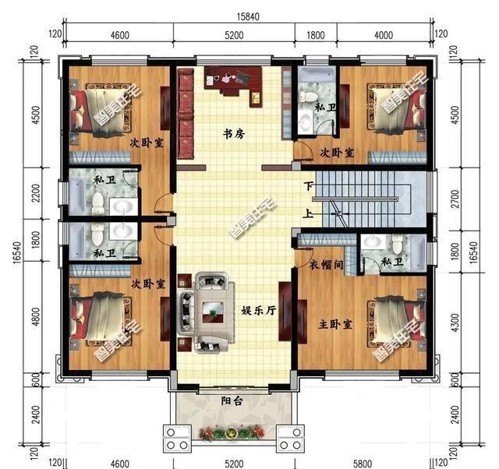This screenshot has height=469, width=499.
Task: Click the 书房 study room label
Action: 234,134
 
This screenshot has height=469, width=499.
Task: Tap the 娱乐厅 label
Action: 258,310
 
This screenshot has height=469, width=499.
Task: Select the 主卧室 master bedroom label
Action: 335,324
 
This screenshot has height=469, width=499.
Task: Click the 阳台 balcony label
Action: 232,401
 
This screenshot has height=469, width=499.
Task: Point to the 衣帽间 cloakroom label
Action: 326,264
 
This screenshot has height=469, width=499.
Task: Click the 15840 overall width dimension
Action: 248,16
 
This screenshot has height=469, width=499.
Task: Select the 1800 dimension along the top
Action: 316,35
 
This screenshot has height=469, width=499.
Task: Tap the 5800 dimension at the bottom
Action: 363,464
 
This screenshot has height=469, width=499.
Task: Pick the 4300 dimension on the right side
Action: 455,323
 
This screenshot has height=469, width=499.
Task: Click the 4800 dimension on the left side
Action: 36,317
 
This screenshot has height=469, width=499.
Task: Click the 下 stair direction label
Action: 308,186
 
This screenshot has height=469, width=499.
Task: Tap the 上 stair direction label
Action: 307,213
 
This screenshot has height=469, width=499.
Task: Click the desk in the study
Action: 234,83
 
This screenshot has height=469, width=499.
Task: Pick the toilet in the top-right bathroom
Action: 307,97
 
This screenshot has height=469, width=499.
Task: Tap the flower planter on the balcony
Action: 232,433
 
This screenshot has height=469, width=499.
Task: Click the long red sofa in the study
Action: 186,113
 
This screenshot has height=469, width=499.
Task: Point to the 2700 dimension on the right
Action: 455,199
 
